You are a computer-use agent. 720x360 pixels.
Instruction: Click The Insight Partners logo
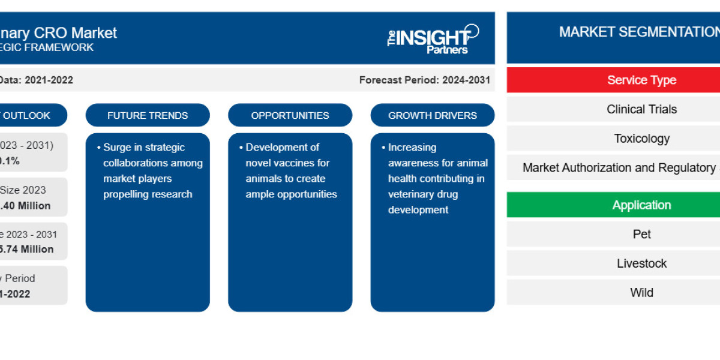tap(433, 39)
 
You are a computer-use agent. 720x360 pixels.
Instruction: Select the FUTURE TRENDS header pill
tap(148, 115)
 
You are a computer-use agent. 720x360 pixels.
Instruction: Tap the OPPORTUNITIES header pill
tap(290, 115)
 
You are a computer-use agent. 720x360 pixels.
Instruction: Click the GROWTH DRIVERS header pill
tap(433, 115)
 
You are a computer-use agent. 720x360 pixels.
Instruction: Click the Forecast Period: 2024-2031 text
tap(424, 80)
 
